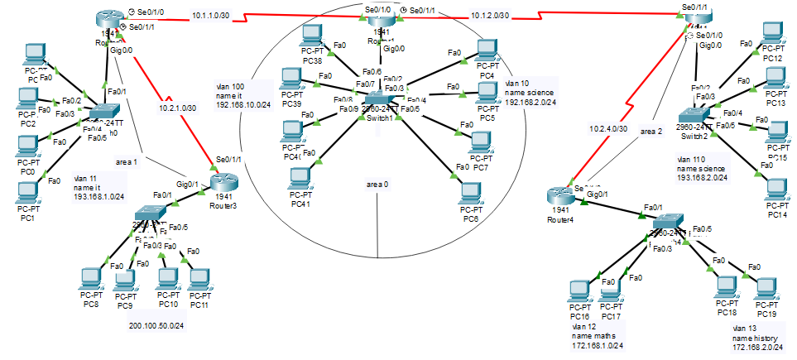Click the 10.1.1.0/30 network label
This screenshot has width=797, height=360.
tap(210, 15)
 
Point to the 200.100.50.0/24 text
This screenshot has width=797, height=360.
tap(156, 325)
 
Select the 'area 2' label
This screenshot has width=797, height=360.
tap(652, 132)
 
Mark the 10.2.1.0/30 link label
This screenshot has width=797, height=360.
tap(177, 108)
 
